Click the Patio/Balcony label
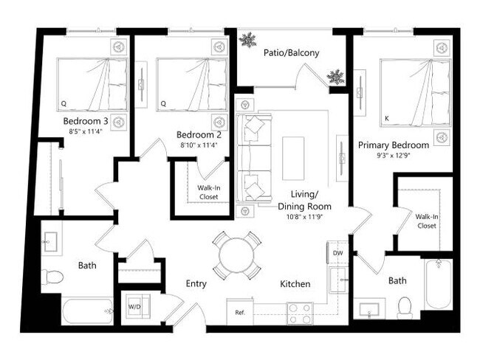[292, 52]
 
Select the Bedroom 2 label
[199, 134]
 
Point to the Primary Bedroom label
[394, 145]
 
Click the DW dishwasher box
[337, 253]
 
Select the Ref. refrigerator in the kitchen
[239, 312]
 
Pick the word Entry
[196, 284]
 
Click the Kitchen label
[295, 284]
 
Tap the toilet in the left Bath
[52, 278]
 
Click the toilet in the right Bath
[404, 306]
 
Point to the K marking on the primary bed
[386, 117]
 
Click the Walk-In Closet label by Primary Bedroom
[425, 221]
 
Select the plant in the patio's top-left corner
[247, 39]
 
